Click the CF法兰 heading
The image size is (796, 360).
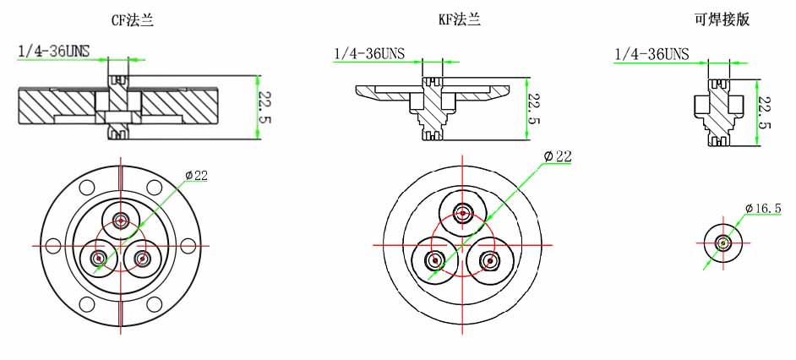point(132,20)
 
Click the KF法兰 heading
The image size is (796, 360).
point(459,20)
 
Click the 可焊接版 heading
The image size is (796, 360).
point(722,20)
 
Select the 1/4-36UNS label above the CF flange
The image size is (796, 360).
point(54,51)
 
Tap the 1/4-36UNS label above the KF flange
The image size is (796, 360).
point(369,53)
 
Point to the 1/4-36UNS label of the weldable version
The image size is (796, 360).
point(652,53)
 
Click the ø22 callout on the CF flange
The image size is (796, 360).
point(196,175)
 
